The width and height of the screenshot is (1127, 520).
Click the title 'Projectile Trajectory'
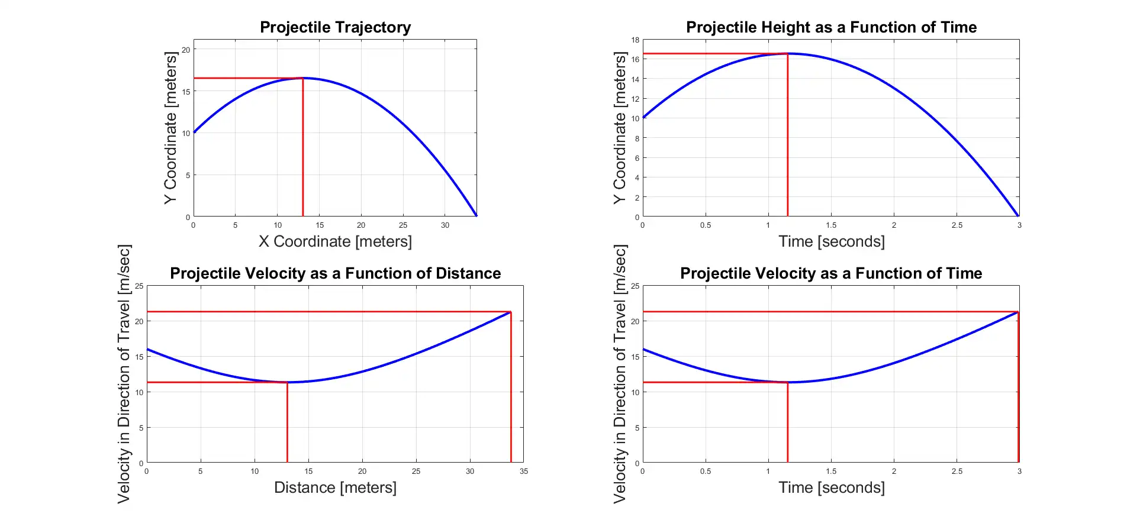point(335,27)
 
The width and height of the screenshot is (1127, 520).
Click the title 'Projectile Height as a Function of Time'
point(831,27)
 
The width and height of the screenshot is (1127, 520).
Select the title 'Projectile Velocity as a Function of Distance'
point(335,273)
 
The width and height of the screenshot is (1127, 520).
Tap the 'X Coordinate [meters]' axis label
point(335,241)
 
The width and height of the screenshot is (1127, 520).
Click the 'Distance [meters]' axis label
point(335,487)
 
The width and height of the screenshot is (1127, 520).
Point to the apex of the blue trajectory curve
point(303,78)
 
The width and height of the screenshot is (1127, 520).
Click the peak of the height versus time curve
point(788,54)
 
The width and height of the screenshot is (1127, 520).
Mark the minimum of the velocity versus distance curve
point(288,382)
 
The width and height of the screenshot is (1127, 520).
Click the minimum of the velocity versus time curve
point(788,382)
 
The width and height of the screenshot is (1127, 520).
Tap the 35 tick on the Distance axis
point(524,471)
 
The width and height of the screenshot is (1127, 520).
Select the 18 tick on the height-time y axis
point(635,40)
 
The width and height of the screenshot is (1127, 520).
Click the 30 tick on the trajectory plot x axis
point(445,225)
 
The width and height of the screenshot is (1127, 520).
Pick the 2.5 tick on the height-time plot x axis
point(957,225)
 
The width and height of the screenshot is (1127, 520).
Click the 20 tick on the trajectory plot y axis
point(186,50)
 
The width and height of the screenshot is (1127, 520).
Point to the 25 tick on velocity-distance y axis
point(139,286)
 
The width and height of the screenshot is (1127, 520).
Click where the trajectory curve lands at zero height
point(476,216)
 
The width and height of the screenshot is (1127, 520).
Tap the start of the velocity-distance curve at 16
point(147,350)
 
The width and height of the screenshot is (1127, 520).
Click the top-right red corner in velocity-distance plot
point(511,312)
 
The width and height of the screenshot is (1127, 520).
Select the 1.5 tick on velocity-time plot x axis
point(831,471)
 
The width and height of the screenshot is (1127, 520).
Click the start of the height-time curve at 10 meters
point(643,118)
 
